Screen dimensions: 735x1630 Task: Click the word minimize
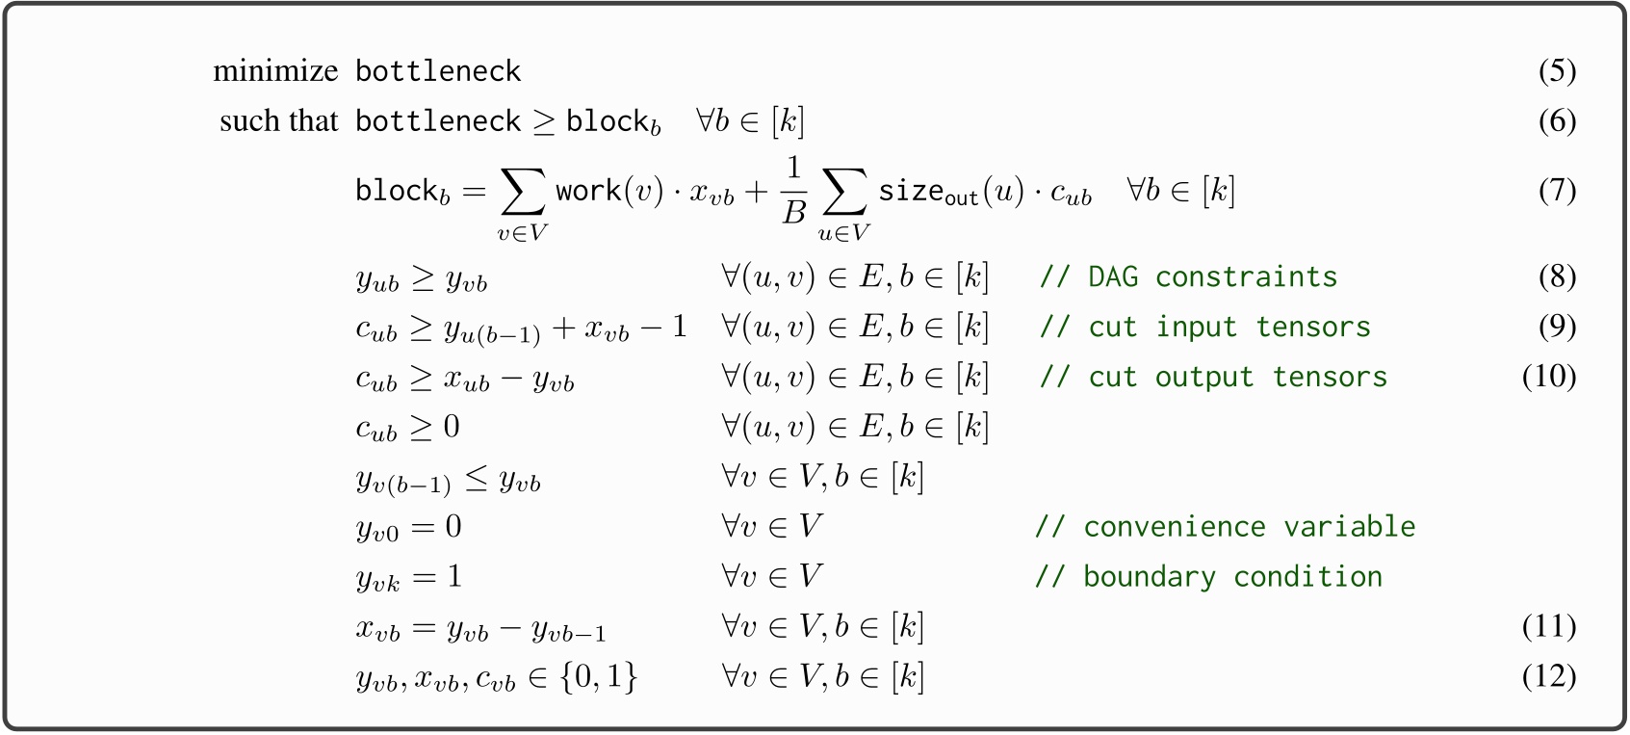275,71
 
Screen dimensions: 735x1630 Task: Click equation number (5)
1556,71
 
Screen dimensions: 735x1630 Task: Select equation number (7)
1556,190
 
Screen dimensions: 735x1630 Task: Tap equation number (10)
1548,377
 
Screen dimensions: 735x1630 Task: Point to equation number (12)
1548,677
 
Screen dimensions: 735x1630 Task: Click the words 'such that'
278,121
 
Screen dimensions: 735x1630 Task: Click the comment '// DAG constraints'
1188,277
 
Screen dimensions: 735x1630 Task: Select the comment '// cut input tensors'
1204,328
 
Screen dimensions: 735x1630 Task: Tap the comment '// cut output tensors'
1213,378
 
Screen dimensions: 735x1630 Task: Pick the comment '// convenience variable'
1225,527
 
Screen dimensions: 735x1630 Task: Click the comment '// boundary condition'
1208,577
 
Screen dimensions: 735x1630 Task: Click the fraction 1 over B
792,191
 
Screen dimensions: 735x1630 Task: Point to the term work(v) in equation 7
608,191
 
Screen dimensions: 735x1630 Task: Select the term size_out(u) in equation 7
951,192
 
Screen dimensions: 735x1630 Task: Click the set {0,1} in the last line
599,677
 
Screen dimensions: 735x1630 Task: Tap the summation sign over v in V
523,192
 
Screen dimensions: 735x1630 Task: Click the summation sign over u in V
843,192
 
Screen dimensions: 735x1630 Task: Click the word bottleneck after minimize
438,71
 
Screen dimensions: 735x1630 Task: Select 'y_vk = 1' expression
409,578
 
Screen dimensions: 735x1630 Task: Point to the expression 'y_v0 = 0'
409,528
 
